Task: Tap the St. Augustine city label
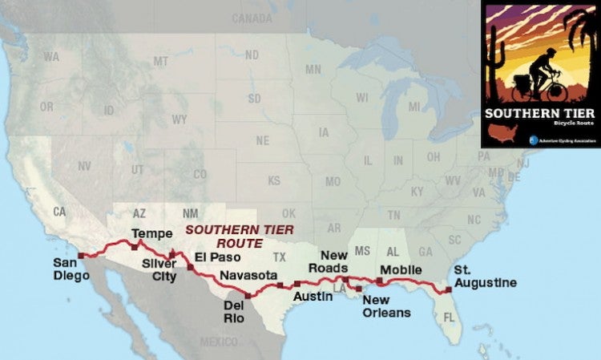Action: [x=485, y=277]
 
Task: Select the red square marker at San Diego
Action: [x=80, y=256]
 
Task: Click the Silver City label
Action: [x=159, y=269]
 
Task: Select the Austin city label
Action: [x=309, y=296]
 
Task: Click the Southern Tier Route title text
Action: [x=224, y=235]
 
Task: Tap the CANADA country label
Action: [x=252, y=18]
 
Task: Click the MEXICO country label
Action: [x=219, y=342]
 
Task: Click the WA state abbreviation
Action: [x=51, y=57]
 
